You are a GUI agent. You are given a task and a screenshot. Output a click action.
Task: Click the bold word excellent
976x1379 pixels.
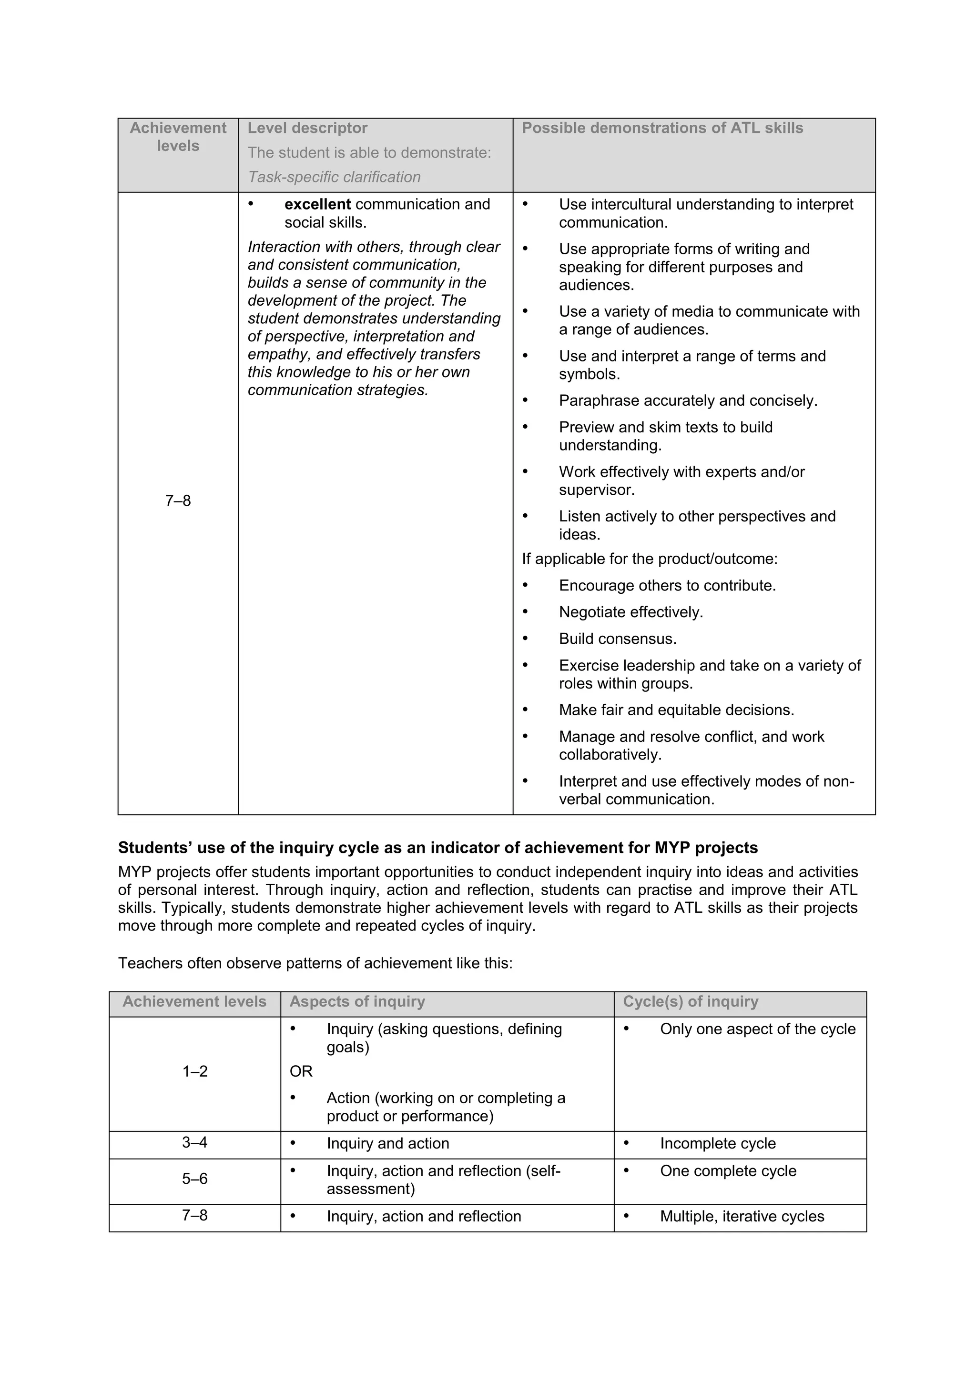(x=317, y=204)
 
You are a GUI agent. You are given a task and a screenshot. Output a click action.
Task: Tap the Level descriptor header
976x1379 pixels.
(x=307, y=128)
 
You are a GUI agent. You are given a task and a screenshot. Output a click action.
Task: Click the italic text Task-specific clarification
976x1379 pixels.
(x=334, y=177)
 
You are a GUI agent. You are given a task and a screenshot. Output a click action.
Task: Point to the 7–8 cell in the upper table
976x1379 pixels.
(x=178, y=501)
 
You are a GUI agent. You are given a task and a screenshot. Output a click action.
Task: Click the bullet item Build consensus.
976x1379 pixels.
(x=617, y=639)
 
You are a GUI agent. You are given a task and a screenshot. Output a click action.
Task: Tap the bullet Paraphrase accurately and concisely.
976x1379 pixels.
(x=688, y=400)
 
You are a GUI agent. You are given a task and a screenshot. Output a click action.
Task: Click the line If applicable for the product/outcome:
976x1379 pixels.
(x=650, y=559)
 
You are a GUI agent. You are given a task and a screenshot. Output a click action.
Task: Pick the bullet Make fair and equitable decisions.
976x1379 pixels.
(x=676, y=710)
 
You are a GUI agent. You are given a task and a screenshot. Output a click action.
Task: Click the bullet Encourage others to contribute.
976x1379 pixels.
(x=667, y=586)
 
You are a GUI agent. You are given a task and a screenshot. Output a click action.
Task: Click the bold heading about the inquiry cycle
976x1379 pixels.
(x=437, y=848)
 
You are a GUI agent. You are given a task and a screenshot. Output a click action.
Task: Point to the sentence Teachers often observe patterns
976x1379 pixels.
(x=315, y=963)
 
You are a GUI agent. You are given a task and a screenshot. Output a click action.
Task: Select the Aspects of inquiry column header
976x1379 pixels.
(x=357, y=1002)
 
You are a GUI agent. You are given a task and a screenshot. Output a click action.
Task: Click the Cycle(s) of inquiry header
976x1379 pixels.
(x=691, y=1002)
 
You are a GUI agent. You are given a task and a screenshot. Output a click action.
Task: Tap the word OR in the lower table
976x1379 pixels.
(x=301, y=1071)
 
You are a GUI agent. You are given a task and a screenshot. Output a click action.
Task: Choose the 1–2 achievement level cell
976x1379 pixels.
(x=195, y=1071)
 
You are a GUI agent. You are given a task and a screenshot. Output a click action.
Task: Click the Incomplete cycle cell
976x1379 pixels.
(x=718, y=1144)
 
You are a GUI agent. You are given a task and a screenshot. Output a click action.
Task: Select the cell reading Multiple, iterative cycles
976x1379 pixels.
(x=742, y=1216)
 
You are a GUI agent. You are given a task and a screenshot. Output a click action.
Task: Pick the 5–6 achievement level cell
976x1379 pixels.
(x=195, y=1179)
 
